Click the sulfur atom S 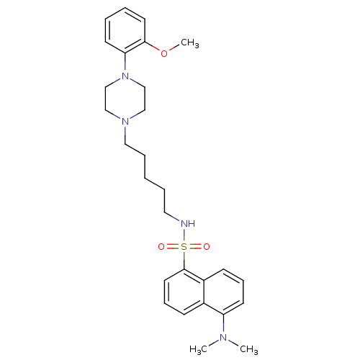184,246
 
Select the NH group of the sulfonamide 188,224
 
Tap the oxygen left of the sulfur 161,246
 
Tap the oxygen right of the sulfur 207,246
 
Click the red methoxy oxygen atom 164,53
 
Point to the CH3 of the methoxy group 190,43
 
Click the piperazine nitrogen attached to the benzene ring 125,76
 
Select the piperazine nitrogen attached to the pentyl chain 125,122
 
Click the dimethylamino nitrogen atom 223,337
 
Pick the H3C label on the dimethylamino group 198,349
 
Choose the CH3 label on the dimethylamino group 249,349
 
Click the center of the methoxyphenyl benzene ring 125,30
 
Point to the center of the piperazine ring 125,99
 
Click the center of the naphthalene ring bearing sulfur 184,292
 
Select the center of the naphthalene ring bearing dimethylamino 224,292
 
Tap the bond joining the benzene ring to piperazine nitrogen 125,63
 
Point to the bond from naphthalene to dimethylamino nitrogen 223,324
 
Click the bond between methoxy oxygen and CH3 174,48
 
